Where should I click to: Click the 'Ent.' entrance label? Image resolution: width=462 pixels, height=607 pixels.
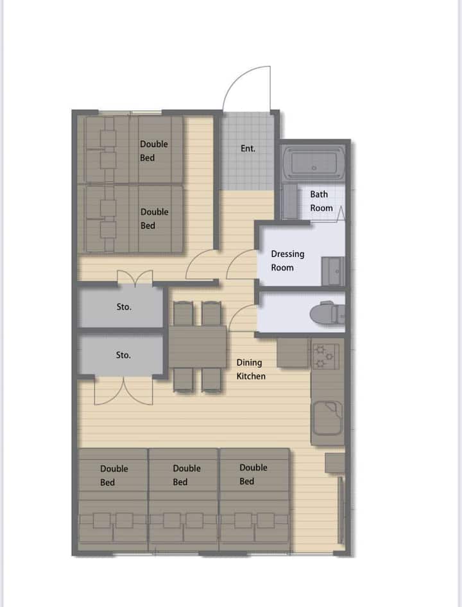click(248, 148)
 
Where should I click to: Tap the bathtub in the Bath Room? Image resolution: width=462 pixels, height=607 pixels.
click(314, 163)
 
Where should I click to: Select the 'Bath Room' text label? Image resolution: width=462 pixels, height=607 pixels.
click(321, 201)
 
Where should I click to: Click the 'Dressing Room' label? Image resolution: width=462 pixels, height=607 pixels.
click(287, 261)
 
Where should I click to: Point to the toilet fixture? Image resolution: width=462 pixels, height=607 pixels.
click(327, 313)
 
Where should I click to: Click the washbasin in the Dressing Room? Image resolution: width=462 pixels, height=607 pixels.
click(332, 271)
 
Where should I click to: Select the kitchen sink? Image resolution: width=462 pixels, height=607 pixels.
click(327, 418)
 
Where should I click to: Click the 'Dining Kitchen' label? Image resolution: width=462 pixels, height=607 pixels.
click(251, 369)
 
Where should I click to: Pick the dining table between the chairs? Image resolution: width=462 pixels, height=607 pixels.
click(197, 346)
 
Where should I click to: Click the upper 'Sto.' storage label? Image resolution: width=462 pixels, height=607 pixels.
click(124, 307)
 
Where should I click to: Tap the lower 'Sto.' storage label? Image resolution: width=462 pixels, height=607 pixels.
click(123, 355)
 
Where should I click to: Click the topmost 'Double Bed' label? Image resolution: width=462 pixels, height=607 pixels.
click(154, 150)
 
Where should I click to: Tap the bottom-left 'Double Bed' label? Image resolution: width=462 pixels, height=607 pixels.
click(114, 475)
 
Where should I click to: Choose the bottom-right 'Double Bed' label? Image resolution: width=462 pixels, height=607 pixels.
click(253, 474)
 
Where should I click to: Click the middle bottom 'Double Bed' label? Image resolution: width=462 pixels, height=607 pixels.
click(187, 475)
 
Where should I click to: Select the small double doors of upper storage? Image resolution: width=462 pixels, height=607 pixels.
click(135, 277)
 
